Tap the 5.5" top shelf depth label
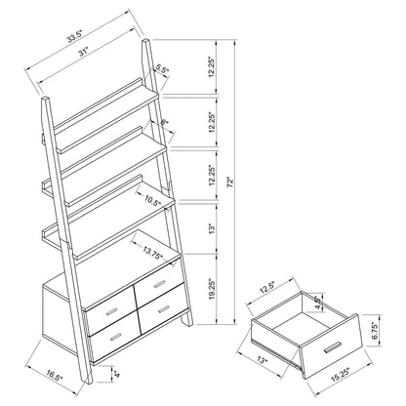[x=162, y=69]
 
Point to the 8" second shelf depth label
[x=166, y=121]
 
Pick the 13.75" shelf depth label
[x=152, y=253]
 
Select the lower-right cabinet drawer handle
[x=159, y=315]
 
